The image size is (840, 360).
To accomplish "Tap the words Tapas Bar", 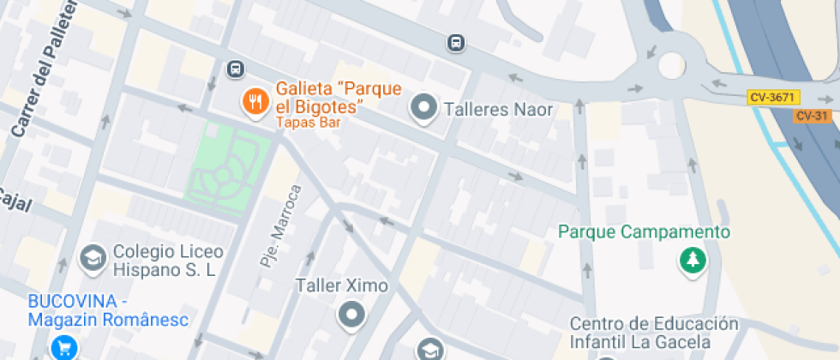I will point(309,123).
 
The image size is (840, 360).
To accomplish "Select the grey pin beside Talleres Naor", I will point(423,109).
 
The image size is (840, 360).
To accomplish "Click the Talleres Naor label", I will point(498,110).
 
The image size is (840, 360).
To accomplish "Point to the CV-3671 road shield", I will point(771,98).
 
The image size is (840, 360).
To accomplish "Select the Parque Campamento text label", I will point(644,232).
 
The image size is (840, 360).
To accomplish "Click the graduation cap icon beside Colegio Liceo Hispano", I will point(92,256).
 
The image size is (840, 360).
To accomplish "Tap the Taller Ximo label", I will point(341,285).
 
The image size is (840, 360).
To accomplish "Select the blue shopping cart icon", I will point(63,347).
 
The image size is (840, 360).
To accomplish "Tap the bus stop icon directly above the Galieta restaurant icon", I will point(235,69).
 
